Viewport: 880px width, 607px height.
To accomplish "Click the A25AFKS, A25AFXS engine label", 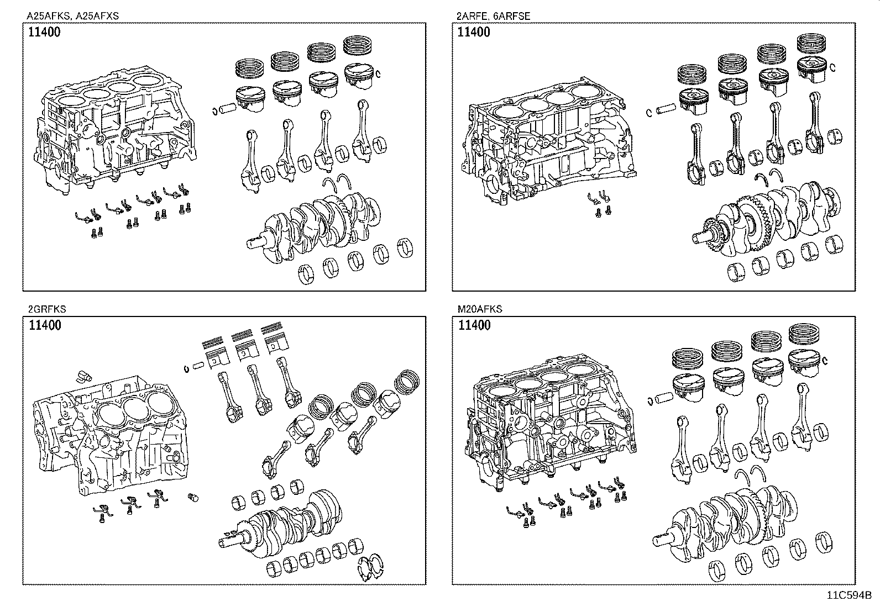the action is pyautogui.click(x=72, y=16).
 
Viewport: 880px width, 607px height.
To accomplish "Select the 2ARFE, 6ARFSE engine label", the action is pyautogui.click(x=494, y=16).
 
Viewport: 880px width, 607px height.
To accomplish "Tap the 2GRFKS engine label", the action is pyautogui.click(x=47, y=309).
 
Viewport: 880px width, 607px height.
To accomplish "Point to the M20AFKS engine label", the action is pyautogui.click(x=480, y=309).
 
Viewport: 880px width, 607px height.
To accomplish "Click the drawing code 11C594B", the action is pyautogui.click(x=849, y=595).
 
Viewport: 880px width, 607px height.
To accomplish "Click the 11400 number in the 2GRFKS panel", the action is pyautogui.click(x=45, y=325).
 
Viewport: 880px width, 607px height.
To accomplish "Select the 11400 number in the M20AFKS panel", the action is pyautogui.click(x=474, y=325).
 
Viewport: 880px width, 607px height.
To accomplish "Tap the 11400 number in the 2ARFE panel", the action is pyautogui.click(x=474, y=32).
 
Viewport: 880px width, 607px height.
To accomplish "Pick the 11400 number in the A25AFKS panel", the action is pyautogui.click(x=44, y=32).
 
